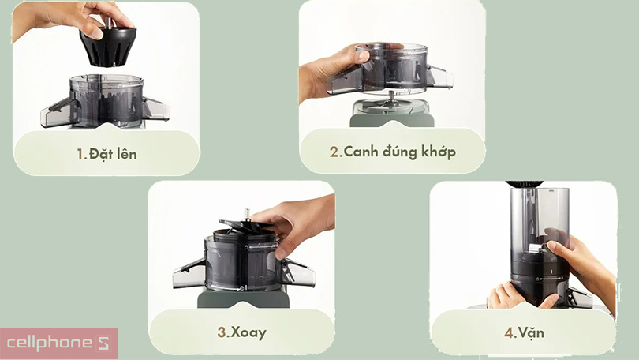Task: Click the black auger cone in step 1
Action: [108, 47]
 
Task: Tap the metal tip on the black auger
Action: [109, 22]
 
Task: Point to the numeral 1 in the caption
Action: [80, 154]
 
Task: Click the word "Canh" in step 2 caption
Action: [361, 152]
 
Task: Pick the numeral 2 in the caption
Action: [334, 152]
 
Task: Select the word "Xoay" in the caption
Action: [248, 332]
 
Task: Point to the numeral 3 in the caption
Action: [222, 332]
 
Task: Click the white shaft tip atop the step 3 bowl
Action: [246, 214]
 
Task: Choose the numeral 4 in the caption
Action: [509, 332]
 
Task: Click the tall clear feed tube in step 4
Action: [540, 220]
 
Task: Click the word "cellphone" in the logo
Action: [50, 343]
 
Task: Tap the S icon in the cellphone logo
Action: [103, 343]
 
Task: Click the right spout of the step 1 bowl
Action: [156, 109]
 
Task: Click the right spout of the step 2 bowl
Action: [439, 77]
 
